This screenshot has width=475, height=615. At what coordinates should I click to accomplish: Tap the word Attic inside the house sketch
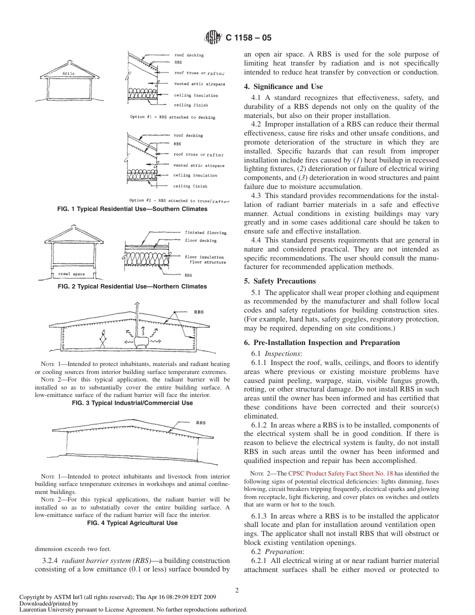point(68,73)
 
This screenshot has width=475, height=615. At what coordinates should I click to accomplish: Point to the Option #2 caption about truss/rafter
point(172,200)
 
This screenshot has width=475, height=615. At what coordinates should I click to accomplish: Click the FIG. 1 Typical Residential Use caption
point(132,209)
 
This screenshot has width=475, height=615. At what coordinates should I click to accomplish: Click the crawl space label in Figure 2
point(71,274)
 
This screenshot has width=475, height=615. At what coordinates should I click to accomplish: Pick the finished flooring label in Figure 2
point(205,232)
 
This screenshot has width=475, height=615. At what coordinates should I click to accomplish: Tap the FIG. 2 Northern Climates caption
point(132,286)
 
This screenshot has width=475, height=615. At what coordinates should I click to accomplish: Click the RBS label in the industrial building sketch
point(198,312)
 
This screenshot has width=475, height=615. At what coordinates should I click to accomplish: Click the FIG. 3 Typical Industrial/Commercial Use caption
point(132,402)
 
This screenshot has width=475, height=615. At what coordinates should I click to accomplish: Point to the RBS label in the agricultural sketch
point(200,422)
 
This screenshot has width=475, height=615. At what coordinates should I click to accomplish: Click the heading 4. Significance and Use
point(283,86)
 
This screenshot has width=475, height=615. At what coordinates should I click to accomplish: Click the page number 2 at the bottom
point(237,590)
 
